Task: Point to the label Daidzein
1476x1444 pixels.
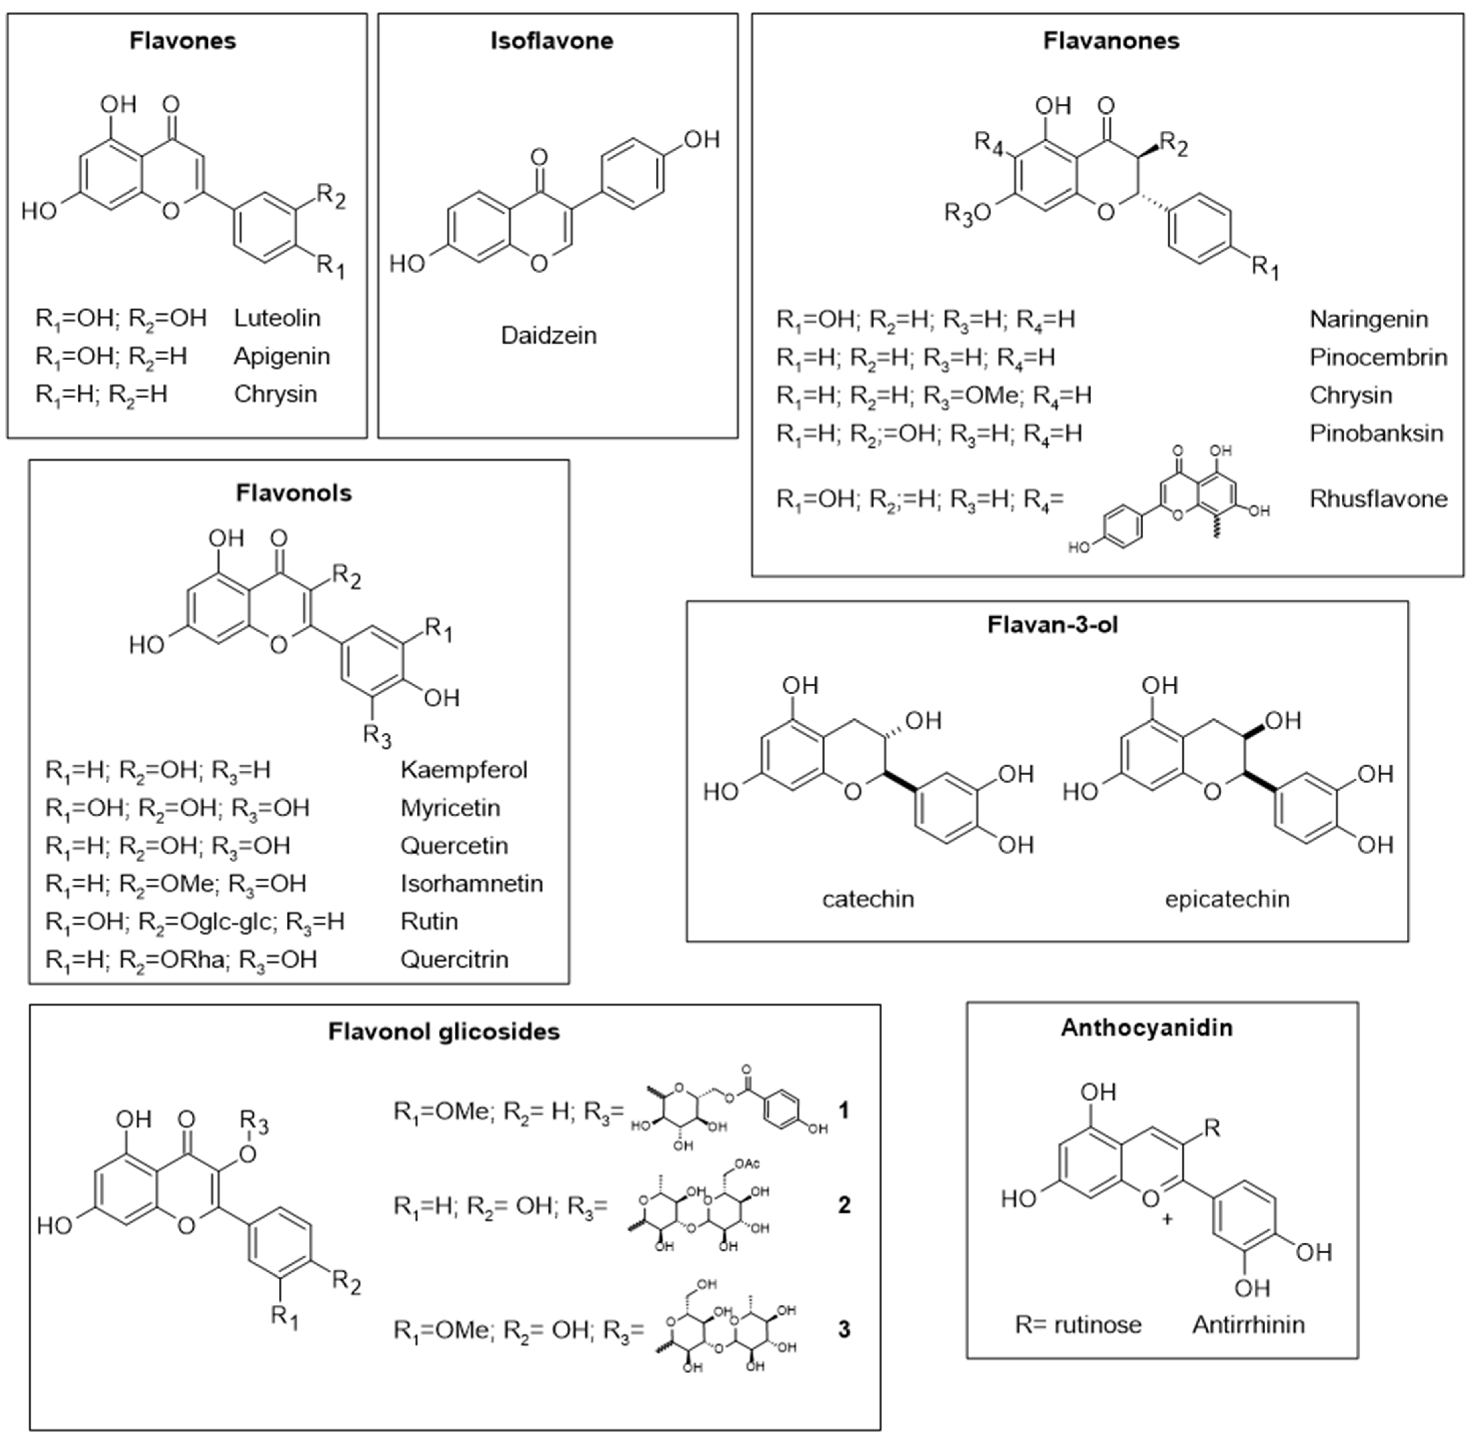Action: click(548, 335)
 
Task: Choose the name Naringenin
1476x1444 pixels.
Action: click(1368, 319)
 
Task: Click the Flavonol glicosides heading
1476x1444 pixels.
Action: click(444, 1032)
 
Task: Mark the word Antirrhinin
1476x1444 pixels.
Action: click(1248, 1325)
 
